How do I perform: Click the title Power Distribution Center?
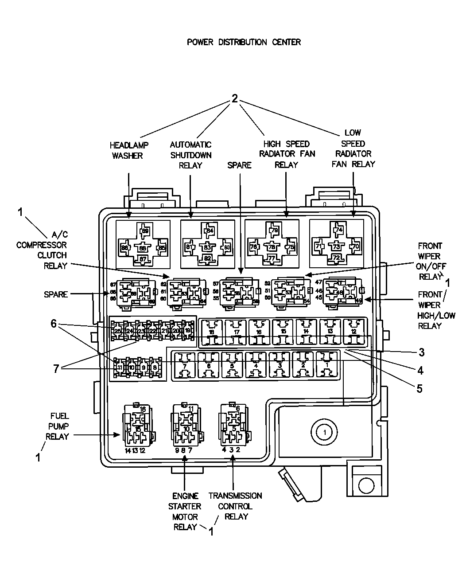[x=244, y=42]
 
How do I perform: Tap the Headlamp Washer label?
[x=129, y=150]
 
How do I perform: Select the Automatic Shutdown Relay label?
[x=190, y=155]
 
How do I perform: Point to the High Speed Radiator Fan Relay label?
[x=286, y=154]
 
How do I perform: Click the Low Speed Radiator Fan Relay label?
[x=353, y=148]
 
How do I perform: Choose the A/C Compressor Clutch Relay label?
[x=42, y=250]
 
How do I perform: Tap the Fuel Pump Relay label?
[x=59, y=426]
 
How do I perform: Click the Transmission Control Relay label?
[x=236, y=506]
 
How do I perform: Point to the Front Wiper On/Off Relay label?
[x=429, y=262]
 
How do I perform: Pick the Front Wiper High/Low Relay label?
[x=429, y=310]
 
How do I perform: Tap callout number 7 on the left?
[x=56, y=368]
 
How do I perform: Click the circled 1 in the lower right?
[x=324, y=431]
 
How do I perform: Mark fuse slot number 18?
[x=211, y=332]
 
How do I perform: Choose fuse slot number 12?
[x=353, y=332]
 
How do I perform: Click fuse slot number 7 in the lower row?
[x=184, y=365]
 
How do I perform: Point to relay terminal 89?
[x=145, y=231]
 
